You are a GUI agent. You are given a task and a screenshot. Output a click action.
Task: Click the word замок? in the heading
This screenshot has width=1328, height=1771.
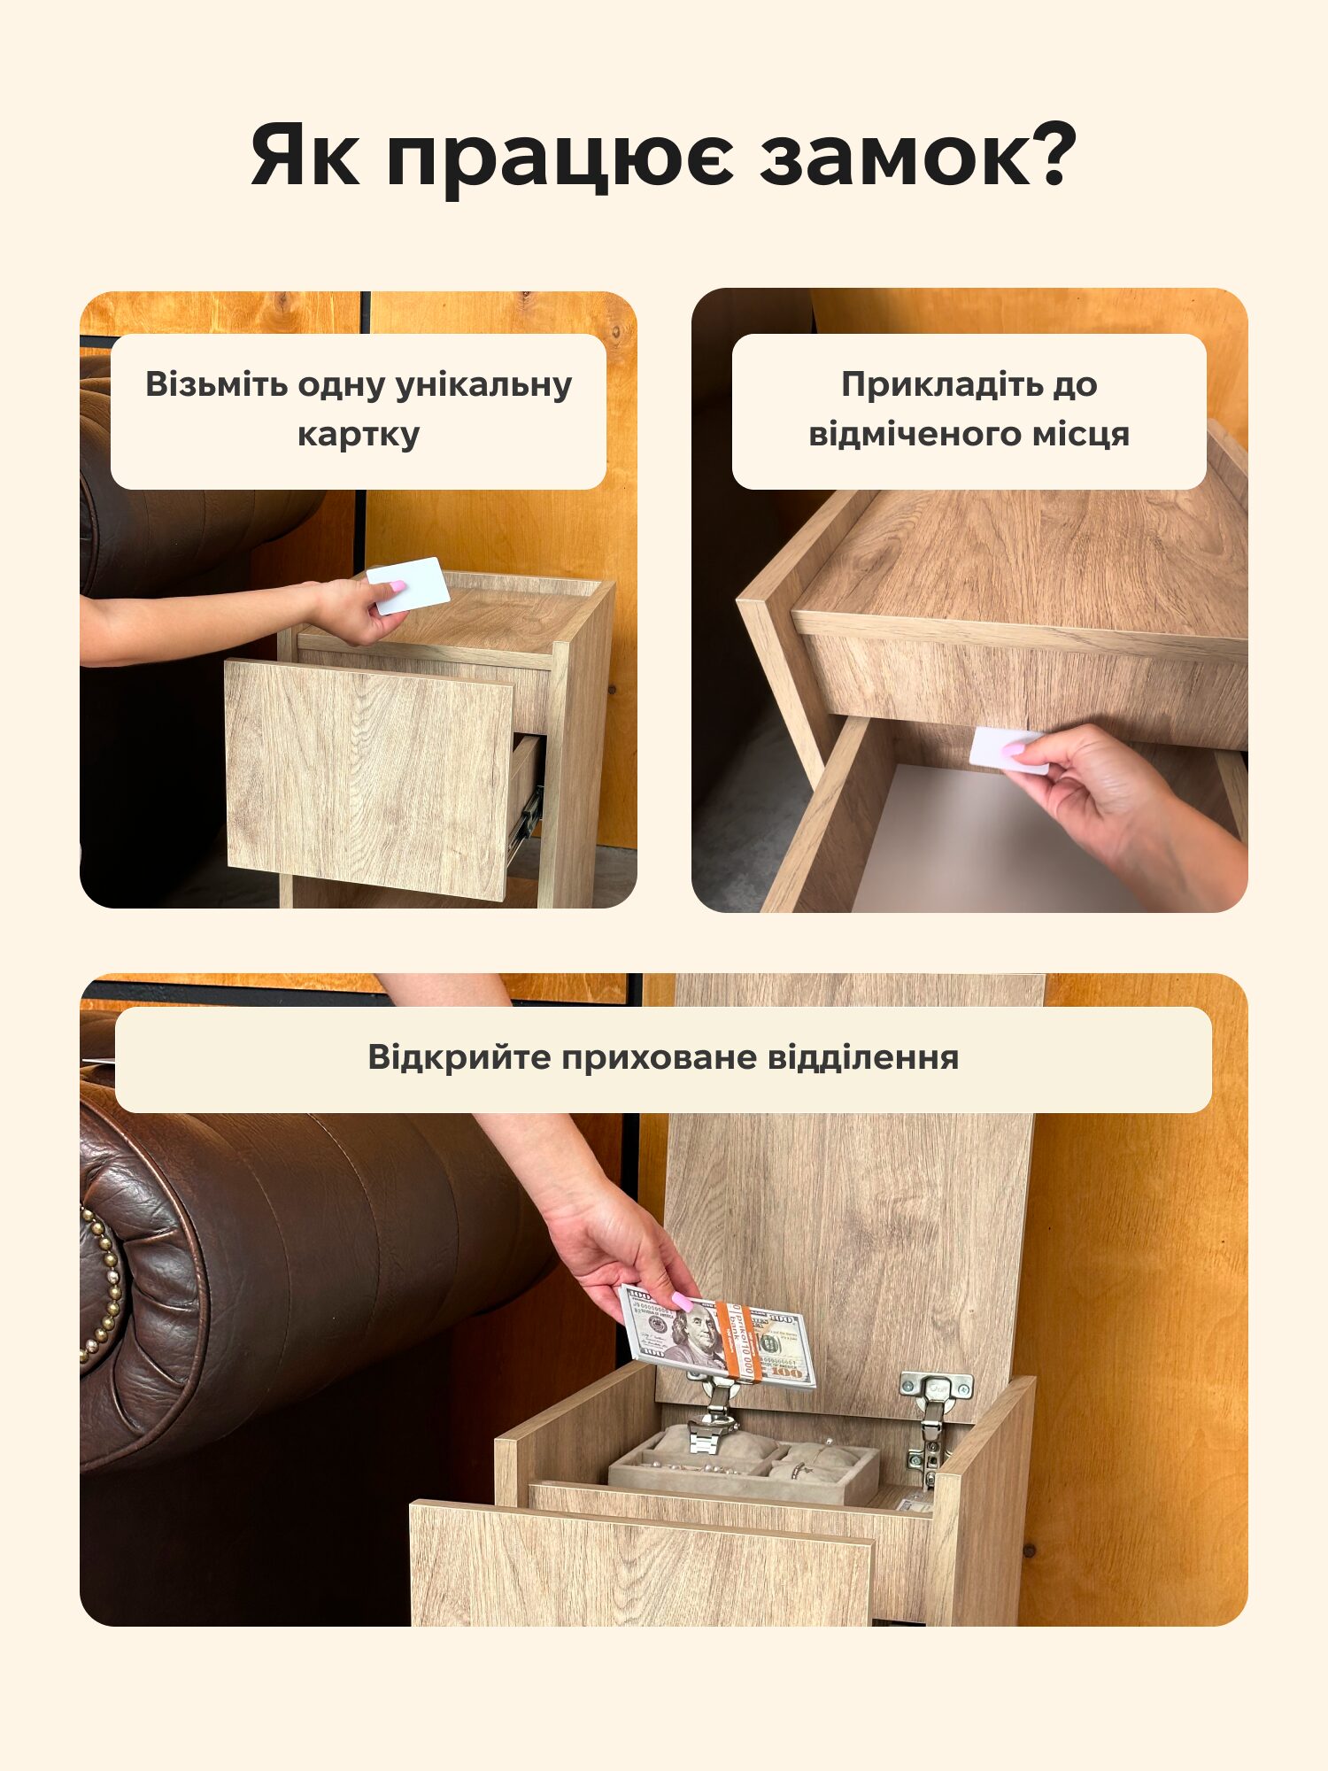click(918, 154)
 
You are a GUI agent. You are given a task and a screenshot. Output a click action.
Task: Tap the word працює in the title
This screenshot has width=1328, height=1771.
click(560, 160)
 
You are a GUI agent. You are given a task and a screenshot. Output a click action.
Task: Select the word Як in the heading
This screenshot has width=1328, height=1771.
click(305, 155)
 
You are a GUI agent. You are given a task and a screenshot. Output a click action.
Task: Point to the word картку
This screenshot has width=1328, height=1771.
click(359, 435)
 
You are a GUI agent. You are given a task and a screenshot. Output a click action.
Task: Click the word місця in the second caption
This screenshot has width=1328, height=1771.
click(1077, 435)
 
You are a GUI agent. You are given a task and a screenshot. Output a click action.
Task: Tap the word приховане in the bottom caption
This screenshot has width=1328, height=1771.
click(658, 1058)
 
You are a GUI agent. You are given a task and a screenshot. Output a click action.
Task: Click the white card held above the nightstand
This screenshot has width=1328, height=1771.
click(409, 584)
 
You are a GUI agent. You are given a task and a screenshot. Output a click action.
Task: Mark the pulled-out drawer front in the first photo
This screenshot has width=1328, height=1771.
click(368, 779)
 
